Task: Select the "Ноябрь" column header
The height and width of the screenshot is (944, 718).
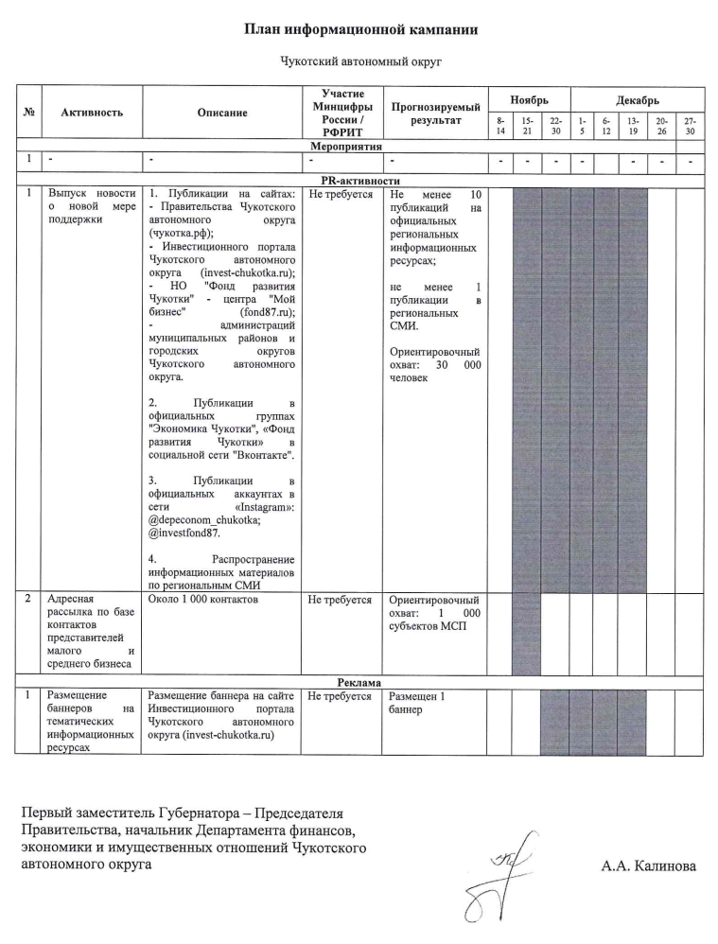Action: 528,99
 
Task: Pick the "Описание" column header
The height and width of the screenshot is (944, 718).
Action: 222,113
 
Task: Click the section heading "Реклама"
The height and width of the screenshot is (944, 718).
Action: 359,682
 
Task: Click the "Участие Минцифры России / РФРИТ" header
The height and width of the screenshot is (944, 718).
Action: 341,113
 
